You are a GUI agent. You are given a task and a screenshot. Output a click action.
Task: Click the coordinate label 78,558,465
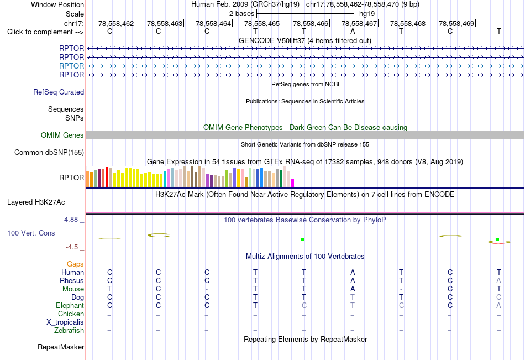262,23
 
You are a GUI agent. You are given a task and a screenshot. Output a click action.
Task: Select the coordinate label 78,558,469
456,23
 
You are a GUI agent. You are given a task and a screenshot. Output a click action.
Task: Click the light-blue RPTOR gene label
71,66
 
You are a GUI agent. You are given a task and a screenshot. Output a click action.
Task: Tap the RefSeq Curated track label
59,92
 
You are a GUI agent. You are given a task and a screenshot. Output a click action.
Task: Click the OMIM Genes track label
62,135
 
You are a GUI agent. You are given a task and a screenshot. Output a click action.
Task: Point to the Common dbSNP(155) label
49,153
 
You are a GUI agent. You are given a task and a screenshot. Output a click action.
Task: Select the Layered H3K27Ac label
36,202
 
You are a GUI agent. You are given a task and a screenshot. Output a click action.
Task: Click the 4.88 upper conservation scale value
71,220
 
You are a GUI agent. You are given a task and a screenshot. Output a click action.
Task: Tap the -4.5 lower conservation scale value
72,247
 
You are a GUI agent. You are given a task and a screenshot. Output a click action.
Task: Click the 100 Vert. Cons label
31,233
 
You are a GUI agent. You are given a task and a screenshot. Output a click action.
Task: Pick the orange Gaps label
75,264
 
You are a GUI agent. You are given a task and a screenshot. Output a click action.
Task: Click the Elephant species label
70,305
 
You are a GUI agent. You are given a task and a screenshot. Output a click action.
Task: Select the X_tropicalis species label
65,322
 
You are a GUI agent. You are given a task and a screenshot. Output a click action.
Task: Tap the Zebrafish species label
69,331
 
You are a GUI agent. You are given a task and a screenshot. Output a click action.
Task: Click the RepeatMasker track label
61,347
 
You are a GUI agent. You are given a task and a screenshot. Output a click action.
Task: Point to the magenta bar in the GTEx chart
293,183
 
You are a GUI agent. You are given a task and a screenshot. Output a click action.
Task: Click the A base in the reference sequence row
353,32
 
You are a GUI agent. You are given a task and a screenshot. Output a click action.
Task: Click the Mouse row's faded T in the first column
109,289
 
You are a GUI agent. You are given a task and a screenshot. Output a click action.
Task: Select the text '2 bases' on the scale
242,14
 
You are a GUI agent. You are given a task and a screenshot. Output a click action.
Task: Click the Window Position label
57,4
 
